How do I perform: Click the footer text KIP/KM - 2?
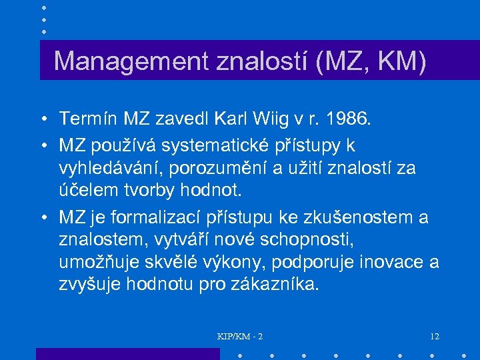click(x=240, y=336)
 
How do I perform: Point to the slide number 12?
click(x=435, y=336)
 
